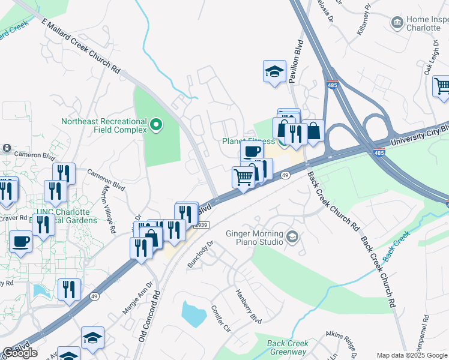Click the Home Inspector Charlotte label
click(x=427, y=23)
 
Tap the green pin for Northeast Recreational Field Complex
click(x=156, y=125)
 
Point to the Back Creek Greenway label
click(x=288, y=348)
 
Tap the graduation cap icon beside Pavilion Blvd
click(x=274, y=71)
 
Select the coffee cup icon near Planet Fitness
click(x=252, y=151)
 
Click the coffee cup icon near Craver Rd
click(x=21, y=242)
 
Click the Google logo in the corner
click(x=19, y=353)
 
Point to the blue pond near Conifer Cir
click(x=193, y=313)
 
